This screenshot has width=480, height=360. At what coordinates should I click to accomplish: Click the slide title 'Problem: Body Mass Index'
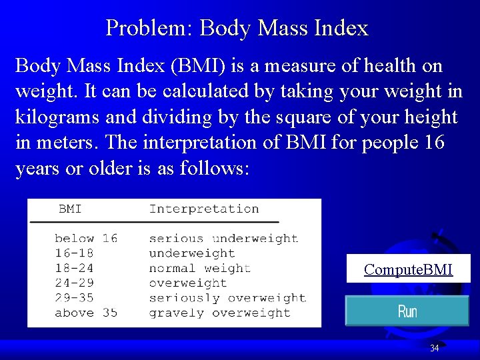(x=237, y=28)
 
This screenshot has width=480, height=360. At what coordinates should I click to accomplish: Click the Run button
(x=407, y=311)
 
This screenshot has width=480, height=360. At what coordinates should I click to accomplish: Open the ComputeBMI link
(x=408, y=269)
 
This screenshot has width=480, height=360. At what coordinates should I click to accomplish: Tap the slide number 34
(x=435, y=348)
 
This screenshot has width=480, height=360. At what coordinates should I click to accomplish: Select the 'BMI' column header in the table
(x=70, y=209)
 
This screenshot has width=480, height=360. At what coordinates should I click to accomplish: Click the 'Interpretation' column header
(x=204, y=209)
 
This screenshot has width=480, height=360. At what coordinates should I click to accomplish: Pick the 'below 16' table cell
(x=86, y=238)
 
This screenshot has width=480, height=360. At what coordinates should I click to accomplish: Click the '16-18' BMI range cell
(x=74, y=253)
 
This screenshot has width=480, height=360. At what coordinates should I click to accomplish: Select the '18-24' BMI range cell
(x=74, y=268)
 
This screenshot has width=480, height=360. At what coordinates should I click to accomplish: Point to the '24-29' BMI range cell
(x=74, y=283)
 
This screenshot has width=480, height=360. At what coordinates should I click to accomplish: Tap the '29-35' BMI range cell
(x=74, y=297)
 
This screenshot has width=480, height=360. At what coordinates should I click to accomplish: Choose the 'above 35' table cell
(x=86, y=313)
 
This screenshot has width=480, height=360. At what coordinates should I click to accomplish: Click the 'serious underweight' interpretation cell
(x=223, y=238)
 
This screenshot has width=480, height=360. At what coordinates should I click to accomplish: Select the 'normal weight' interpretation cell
(x=200, y=268)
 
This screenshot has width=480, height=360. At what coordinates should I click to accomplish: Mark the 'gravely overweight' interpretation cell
(x=220, y=313)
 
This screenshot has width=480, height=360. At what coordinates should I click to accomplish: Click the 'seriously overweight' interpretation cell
(x=227, y=297)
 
